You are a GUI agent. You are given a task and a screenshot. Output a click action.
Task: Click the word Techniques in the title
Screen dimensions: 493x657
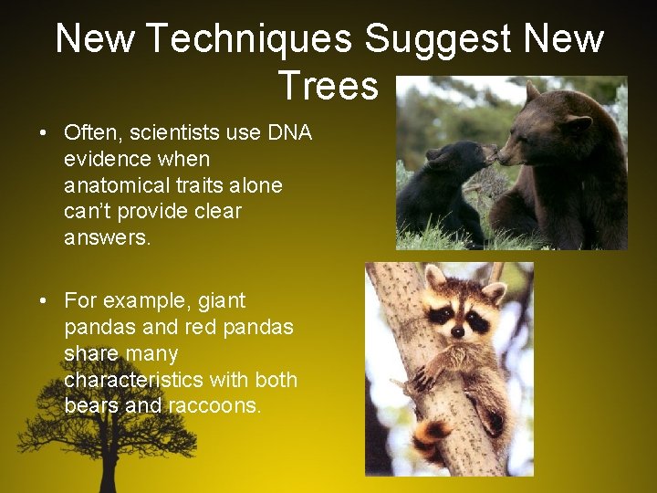click(x=248, y=39)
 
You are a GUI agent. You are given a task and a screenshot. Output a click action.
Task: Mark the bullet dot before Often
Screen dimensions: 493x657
click(x=44, y=133)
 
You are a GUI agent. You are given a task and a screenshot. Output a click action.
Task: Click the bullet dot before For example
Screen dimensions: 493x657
click(x=44, y=300)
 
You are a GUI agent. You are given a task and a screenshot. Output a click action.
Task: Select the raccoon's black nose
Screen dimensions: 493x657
click(x=457, y=331)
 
